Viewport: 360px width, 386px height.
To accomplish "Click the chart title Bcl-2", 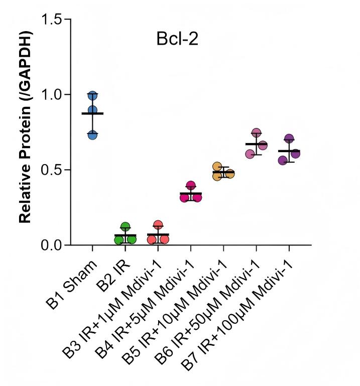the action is (177, 39).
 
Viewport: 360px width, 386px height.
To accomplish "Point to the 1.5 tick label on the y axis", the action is (51, 19).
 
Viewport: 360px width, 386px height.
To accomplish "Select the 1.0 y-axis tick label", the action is (51, 94).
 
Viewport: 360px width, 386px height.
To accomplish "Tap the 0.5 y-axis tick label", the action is (51, 170).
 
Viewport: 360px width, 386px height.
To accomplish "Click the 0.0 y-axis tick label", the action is (51, 245).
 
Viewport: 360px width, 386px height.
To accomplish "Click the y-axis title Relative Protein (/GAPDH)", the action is (25, 127).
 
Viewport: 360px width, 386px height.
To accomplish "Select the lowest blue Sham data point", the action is (92, 135).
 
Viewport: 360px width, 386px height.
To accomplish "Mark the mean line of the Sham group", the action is (92, 113).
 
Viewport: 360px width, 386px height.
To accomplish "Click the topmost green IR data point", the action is (126, 227).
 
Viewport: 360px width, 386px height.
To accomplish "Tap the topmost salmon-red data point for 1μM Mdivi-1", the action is (158, 225).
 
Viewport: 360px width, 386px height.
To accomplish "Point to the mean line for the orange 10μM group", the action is (223, 172).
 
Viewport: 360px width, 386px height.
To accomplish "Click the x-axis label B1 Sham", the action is (71, 284).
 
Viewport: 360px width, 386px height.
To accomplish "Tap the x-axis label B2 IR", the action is (112, 276).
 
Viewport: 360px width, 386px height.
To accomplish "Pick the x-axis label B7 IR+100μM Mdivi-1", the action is (236, 315).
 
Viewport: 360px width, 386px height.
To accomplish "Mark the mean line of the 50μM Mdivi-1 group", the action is (257, 144).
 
